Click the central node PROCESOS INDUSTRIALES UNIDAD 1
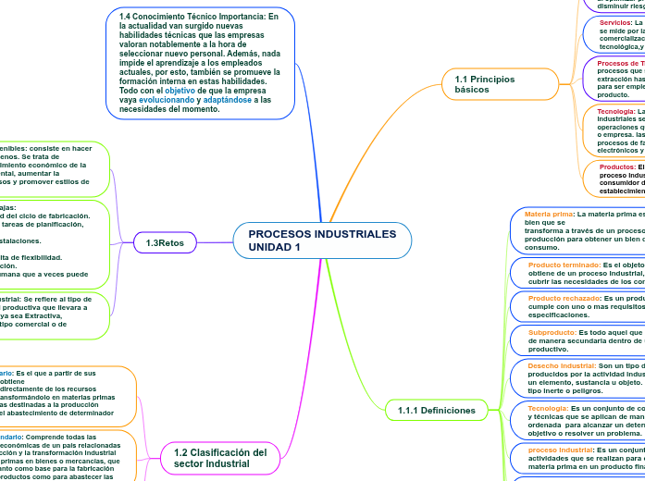point(321,240)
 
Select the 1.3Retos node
point(165,242)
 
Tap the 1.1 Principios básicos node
point(486,84)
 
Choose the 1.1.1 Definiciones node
point(436,409)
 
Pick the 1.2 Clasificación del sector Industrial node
point(219,457)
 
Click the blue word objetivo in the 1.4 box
point(180,92)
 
